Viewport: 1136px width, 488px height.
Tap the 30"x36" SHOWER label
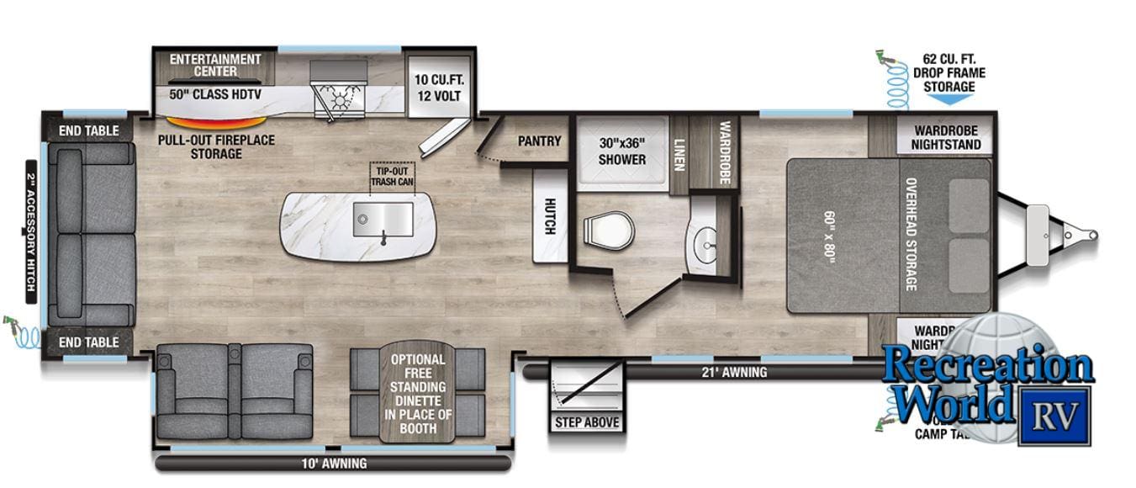(x=621, y=151)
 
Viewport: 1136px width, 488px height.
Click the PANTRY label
(x=539, y=141)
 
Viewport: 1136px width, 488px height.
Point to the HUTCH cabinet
(x=550, y=215)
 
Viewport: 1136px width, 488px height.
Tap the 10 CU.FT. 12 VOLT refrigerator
(x=437, y=88)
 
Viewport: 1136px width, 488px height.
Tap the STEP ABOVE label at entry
(x=587, y=422)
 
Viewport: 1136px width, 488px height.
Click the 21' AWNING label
(x=733, y=372)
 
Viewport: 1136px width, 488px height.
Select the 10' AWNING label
(x=334, y=464)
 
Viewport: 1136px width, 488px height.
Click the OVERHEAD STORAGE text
(x=910, y=235)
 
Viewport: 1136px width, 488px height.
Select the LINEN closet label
(x=679, y=153)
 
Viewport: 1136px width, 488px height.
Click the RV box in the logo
(x=1054, y=415)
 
